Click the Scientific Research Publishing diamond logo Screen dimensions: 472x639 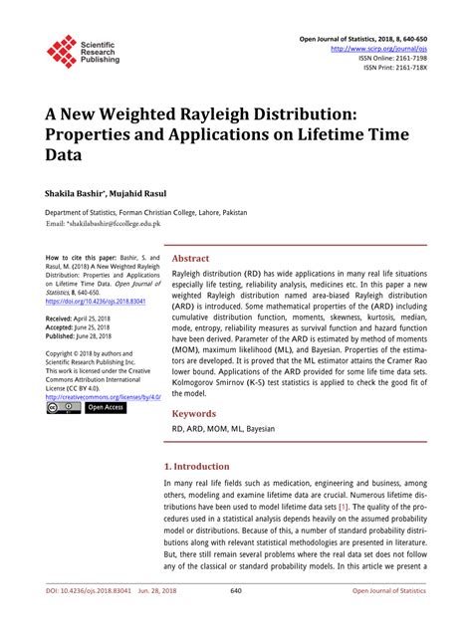[61, 52]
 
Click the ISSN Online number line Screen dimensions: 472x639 [391, 58]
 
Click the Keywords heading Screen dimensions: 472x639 [194, 413]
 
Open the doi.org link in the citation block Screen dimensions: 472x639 [96, 300]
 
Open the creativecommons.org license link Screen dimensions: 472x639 [103, 396]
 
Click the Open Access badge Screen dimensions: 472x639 [106, 408]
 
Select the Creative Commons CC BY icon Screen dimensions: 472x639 [63, 408]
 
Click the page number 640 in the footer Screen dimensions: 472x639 [236, 618]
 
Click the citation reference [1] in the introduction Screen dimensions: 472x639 [342, 506]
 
